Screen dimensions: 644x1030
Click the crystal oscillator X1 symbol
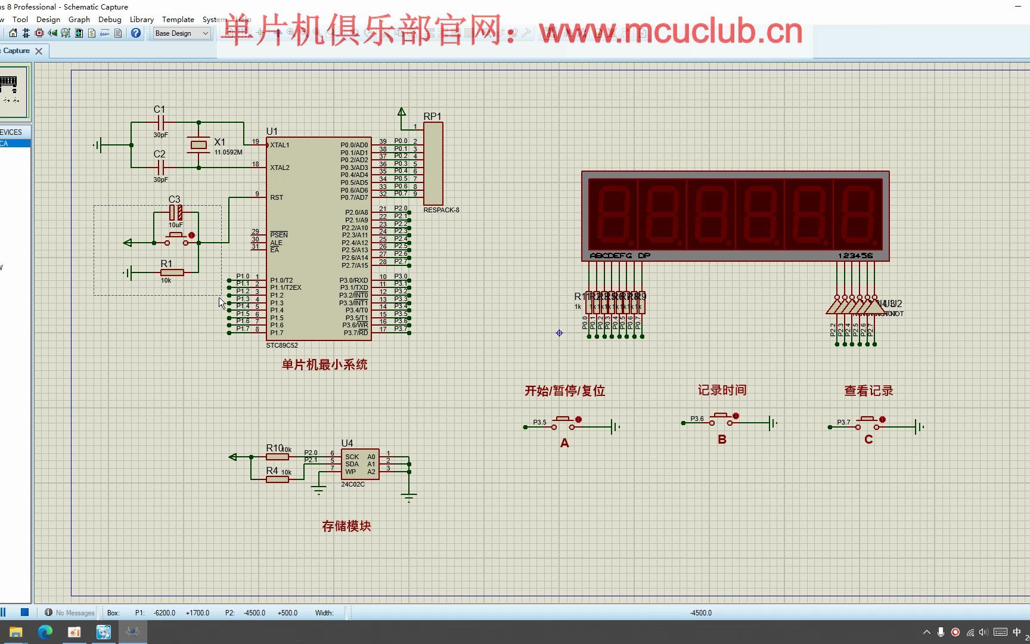pyautogui.click(x=198, y=144)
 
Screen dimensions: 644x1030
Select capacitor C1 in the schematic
pyautogui.click(x=160, y=122)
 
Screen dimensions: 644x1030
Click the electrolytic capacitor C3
pyautogui.click(x=176, y=212)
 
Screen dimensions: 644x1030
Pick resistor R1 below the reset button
pyautogui.click(x=172, y=273)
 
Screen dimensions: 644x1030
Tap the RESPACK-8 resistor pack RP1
pyautogui.click(x=433, y=164)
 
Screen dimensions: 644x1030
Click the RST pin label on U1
pyautogui.click(x=277, y=197)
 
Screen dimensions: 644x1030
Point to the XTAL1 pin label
pyautogui.click(x=280, y=145)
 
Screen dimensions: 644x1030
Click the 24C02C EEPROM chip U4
pyautogui.click(x=360, y=465)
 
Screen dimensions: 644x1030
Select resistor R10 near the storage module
pyautogui.click(x=277, y=457)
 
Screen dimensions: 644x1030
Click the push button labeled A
pyautogui.click(x=564, y=423)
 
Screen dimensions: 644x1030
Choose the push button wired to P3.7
pyautogui.click(x=868, y=423)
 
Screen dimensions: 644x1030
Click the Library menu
pyautogui.click(x=141, y=19)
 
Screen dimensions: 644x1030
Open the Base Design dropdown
pyautogui.click(x=182, y=33)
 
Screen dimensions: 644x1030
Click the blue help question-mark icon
pyautogui.click(x=136, y=33)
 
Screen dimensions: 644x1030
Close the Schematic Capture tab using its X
pyautogui.click(x=39, y=51)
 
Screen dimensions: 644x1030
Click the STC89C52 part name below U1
pyautogui.click(x=282, y=345)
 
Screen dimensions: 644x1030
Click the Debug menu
pyautogui.click(x=110, y=19)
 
